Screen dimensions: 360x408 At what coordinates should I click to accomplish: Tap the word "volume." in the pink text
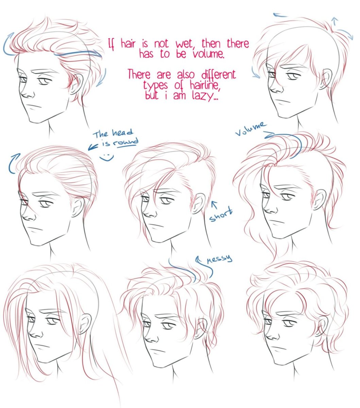coord(209,54)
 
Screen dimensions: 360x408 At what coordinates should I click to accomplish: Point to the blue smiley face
coord(107,157)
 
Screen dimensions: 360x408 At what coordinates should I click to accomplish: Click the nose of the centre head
coord(149,214)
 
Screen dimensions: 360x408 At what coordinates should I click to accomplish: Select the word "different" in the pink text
coord(219,75)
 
